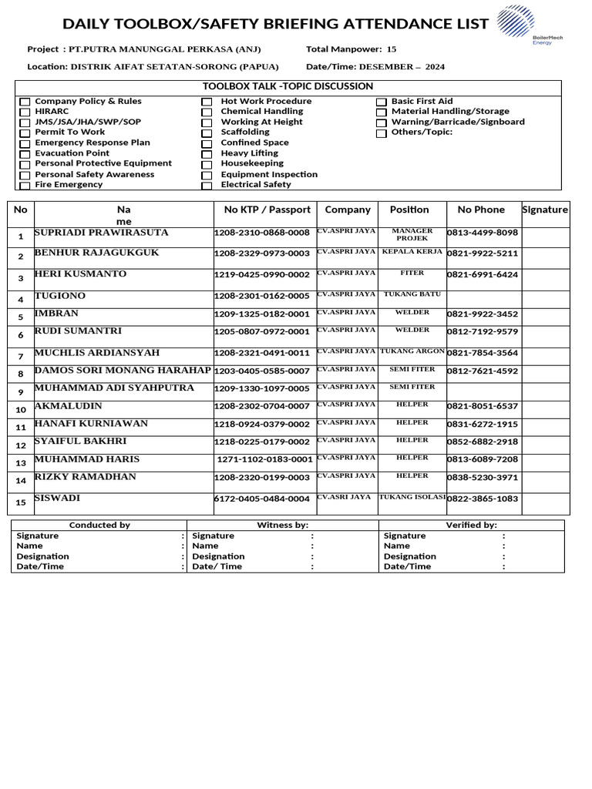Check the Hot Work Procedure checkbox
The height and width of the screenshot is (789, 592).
pos(207,102)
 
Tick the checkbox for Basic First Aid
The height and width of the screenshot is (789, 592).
pos(381,102)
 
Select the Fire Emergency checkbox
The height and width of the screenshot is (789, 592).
pos(25,186)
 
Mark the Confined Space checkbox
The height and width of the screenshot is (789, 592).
pos(207,144)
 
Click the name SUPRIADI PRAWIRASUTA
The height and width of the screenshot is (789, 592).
pos(101,232)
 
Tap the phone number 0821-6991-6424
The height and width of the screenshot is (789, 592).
pos(483,275)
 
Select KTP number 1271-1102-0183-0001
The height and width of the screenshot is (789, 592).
pos(265,459)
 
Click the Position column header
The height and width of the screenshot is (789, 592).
pos(409,210)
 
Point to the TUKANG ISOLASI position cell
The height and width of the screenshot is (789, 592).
pos(412,497)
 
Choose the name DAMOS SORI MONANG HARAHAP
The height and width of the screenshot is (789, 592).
pos(123,371)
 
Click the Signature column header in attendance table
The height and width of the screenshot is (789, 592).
pos(545,210)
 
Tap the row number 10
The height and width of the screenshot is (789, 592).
pos(21,410)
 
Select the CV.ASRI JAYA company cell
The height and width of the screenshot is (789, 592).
pos(345,497)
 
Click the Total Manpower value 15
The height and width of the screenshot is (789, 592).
pos(392,49)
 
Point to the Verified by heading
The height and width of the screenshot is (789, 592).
pos(471,525)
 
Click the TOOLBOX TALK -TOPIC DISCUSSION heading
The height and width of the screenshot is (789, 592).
pos(288,86)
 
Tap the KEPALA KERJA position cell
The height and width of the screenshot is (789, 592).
pos(412,252)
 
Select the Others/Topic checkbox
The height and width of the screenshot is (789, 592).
pos(381,133)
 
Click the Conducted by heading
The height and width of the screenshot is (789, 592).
pos(99,525)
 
